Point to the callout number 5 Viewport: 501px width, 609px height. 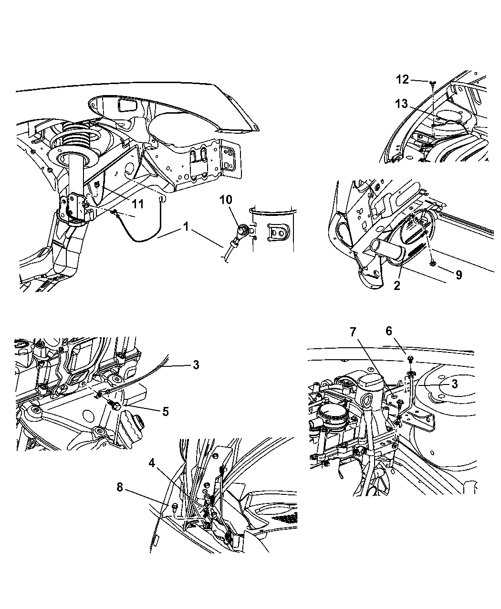(x=165, y=411)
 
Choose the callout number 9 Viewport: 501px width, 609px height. (x=458, y=275)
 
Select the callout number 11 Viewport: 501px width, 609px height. (x=137, y=204)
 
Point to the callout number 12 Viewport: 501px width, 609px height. (x=403, y=79)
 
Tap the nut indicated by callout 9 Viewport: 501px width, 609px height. (x=431, y=263)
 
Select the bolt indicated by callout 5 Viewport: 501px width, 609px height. (x=115, y=405)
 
